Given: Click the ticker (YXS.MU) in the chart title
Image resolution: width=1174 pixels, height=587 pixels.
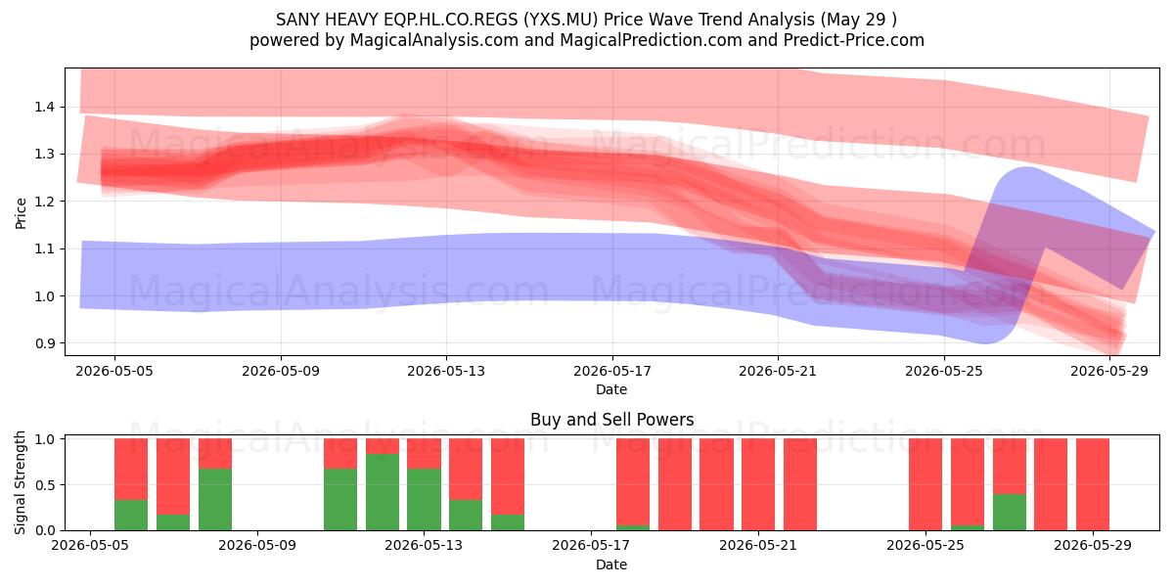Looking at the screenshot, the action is pyautogui.click(x=561, y=20).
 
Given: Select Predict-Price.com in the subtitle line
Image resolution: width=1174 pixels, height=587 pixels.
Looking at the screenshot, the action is pyautogui.click(x=854, y=40).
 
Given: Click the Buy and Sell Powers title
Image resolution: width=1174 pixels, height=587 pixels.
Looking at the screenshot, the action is pyautogui.click(x=611, y=420).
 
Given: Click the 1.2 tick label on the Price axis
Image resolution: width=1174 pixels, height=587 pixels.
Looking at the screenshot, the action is pyautogui.click(x=44, y=202).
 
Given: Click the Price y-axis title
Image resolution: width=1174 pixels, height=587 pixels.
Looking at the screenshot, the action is pyautogui.click(x=21, y=213).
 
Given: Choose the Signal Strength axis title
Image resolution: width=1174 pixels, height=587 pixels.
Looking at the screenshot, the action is pyautogui.click(x=20, y=482).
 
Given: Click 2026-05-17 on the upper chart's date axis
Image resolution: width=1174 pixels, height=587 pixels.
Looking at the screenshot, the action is pyautogui.click(x=612, y=371).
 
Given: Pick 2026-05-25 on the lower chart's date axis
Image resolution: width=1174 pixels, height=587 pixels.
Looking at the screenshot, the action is pyautogui.click(x=926, y=546).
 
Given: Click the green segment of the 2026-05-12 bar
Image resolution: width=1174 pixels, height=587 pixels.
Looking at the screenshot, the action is pyautogui.click(x=383, y=492).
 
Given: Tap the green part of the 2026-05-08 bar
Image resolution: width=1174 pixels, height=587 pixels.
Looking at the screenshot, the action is pyautogui.click(x=215, y=500).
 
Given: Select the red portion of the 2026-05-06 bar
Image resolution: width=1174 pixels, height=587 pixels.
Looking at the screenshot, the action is pyautogui.click(x=173, y=476).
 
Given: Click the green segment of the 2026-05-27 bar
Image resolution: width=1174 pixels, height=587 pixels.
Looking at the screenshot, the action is pyautogui.click(x=1010, y=512).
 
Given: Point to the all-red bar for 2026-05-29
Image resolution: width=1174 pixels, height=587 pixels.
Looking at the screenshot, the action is pyautogui.click(x=1093, y=484).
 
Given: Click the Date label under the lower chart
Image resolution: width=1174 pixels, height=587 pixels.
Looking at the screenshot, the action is pyautogui.click(x=611, y=564).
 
